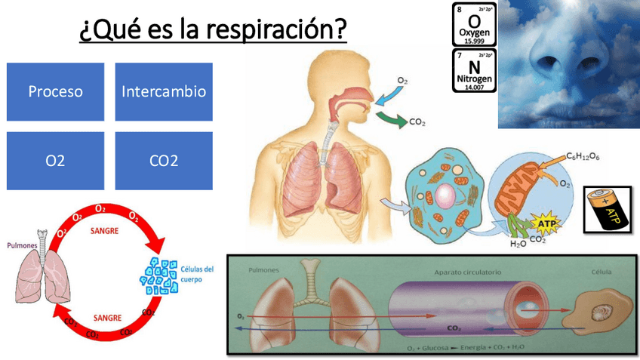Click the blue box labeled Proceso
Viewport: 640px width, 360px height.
[55, 92]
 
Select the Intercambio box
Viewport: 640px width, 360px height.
[164, 92]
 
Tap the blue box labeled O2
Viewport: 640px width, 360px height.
[55, 161]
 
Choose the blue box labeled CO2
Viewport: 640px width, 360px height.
[164, 161]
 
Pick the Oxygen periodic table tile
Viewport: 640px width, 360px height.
[474, 24]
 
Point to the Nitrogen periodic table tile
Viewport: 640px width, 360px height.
[474, 71]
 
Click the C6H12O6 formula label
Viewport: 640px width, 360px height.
[584, 156]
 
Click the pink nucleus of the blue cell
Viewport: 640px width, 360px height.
[444, 198]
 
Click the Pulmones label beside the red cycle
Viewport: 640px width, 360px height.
[23, 246]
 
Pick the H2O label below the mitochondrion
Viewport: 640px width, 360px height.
[518, 243]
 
